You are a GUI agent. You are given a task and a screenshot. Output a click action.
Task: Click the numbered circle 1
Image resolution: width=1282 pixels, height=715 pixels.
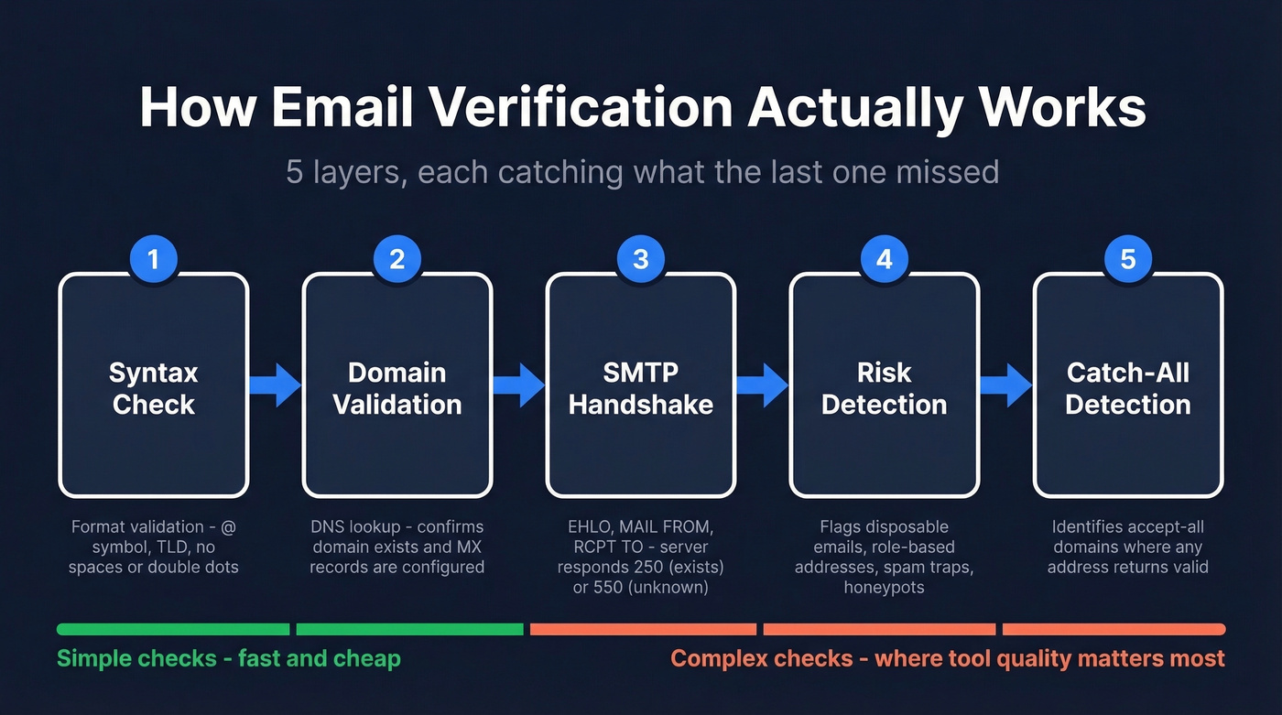coord(153,259)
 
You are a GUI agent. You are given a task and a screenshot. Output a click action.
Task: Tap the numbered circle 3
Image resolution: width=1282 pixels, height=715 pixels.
coord(640,259)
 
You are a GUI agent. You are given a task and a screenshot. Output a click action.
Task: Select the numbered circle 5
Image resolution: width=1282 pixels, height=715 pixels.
coord(1127,259)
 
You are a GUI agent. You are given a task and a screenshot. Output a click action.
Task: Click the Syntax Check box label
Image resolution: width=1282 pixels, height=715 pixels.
coord(153,388)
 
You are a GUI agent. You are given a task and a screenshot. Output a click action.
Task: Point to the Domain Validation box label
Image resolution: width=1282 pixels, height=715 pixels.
coord(397,388)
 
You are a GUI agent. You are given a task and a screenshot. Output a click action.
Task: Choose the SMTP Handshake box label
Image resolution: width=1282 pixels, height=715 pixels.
coord(640,388)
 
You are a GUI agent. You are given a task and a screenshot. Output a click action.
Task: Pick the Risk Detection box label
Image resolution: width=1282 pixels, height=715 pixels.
coord(884,388)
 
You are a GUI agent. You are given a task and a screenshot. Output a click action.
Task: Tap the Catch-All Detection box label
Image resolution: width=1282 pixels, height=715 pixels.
coord(1127,388)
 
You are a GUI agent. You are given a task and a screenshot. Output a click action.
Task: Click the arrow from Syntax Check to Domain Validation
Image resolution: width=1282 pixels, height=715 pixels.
coord(276,385)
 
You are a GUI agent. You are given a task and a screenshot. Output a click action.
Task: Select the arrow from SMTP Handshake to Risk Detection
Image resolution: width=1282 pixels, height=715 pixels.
coord(763,385)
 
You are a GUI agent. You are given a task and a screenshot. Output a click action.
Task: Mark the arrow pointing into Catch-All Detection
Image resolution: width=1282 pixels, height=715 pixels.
coord(1006,385)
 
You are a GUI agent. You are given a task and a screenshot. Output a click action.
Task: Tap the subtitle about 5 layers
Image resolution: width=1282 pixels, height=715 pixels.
coord(641,171)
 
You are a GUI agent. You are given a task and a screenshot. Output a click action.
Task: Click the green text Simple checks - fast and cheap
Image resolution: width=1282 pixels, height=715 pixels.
coord(229,658)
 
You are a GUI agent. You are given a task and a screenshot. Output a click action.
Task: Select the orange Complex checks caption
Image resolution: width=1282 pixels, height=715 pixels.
coord(948,658)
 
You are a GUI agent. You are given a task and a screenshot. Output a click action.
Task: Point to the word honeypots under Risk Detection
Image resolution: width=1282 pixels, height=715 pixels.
coord(884,587)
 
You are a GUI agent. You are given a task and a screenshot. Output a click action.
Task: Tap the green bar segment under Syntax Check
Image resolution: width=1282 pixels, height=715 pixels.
coord(173,629)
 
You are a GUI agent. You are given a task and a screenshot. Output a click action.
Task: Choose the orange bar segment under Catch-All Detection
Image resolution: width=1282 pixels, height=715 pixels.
coord(1114,629)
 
